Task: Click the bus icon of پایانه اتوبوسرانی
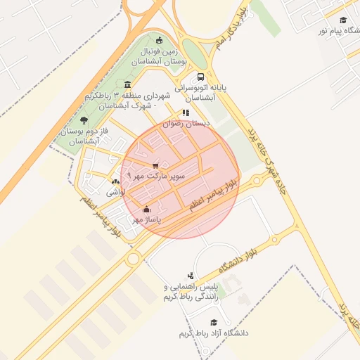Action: tap(202, 77)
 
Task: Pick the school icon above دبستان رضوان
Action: tap(186, 112)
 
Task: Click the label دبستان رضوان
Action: tap(186, 123)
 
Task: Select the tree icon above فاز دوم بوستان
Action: tap(84, 120)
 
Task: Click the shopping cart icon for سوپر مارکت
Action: tap(155, 165)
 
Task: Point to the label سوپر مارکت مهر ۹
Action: tap(155, 175)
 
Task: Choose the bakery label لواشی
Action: tap(115, 191)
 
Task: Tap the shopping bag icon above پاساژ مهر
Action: tap(146, 209)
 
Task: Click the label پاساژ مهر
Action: tap(148, 220)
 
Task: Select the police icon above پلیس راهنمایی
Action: tap(191, 276)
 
